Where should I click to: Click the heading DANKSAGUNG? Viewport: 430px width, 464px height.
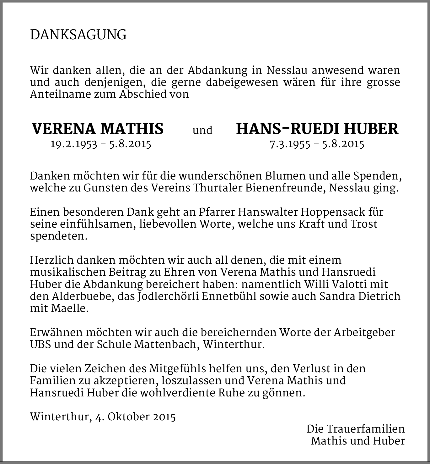point(78,35)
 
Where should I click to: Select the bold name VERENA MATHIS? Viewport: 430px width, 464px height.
point(98,129)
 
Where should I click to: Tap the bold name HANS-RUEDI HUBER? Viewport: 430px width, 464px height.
point(317,129)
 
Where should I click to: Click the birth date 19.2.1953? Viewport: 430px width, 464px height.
point(74,144)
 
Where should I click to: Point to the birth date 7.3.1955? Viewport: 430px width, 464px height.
point(290,144)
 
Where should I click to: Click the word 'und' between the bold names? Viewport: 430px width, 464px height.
point(202,130)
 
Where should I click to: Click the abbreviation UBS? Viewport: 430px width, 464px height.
point(40,345)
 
